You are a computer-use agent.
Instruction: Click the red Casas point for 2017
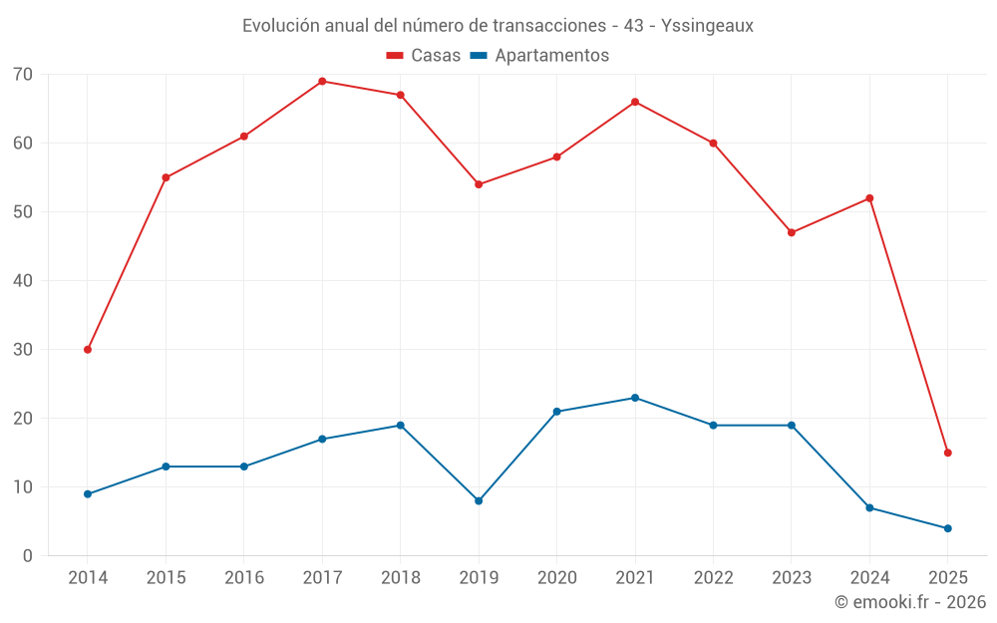pyautogui.click(x=322, y=82)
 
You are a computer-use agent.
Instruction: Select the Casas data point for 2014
pyautogui.click(x=88, y=350)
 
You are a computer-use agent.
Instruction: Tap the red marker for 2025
pyautogui.click(x=947, y=453)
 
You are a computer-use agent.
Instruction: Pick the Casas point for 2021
pyautogui.click(x=635, y=102)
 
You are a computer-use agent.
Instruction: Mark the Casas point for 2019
pyautogui.click(x=479, y=184)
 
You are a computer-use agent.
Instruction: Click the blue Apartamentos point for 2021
pyautogui.click(x=635, y=398)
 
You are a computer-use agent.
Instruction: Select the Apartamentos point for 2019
pyautogui.click(x=479, y=501)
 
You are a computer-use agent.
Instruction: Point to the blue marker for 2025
pyautogui.click(x=947, y=528)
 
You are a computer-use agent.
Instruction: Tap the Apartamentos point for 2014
pyautogui.click(x=88, y=494)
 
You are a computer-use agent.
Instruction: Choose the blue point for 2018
pyautogui.click(x=401, y=426)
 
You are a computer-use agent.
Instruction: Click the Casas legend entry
pyautogui.click(x=424, y=56)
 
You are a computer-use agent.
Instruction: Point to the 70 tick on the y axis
pyautogui.click(x=23, y=75)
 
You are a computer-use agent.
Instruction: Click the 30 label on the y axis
pyautogui.click(x=23, y=350)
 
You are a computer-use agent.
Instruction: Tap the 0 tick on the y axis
pyautogui.click(x=28, y=556)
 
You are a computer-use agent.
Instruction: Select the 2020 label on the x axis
pyautogui.click(x=556, y=578)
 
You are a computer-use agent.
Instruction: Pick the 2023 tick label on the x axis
pyautogui.click(x=792, y=578)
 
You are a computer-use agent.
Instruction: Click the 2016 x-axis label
pyautogui.click(x=244, y=578)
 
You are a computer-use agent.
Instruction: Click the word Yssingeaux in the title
pyautogui.click(x=707, y=25)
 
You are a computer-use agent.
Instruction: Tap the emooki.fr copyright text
pyautogui.click(x=910, y=602)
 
